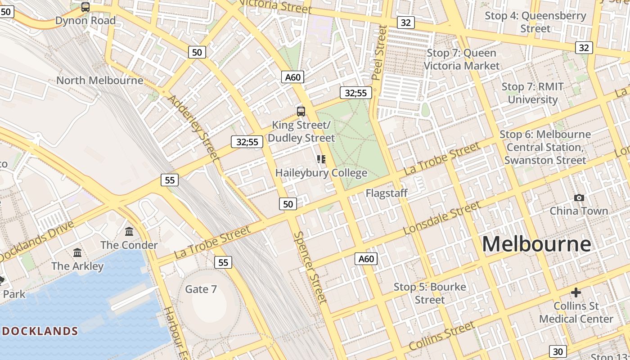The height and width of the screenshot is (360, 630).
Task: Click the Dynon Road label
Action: pyautogui.click(x=85, y=21)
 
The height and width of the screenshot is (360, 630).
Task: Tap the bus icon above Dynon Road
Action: pyautogui.click(x=85, y=7)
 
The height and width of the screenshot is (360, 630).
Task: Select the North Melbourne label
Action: pyautogui.click(x=99, y=81)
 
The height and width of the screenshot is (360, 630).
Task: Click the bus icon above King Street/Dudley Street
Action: pyautogui.click(x=301, y=112)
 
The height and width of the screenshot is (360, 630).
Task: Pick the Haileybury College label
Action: pyautogui.click(x=321, y=173)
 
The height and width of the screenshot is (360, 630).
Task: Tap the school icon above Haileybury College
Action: pyautogui.click(x=321, y=159)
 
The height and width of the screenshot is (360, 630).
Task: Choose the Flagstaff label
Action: pyautogui.click(x=386, y=193)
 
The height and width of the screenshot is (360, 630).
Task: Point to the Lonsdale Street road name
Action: pyautogui.click(x=441, y=218)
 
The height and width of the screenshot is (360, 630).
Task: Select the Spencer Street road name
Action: pyautogui.click(x=310, y=267)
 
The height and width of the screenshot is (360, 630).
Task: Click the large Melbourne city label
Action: pyautogui.click(x=536, y=244)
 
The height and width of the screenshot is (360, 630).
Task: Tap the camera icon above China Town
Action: pyautogui.click(x=579, y=198)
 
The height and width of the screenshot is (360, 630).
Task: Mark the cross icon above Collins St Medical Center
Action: pyautogui.click(x=576, y=293)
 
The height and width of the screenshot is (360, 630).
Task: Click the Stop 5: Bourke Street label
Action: pyautogui.click(x=430, y=293)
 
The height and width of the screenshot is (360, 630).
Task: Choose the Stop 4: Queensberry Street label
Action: pyautogui.click(x=535, y=22)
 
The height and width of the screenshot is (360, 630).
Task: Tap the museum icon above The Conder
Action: pyautogui.click(x=129, y=232)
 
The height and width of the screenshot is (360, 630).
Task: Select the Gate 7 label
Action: pyautogui.click(x=201, y=289)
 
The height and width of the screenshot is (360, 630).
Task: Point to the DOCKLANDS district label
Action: pyautogui.click(x=40, y=332)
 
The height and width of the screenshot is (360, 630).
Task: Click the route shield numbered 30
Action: pyautogui.click(x=558, y=351)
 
